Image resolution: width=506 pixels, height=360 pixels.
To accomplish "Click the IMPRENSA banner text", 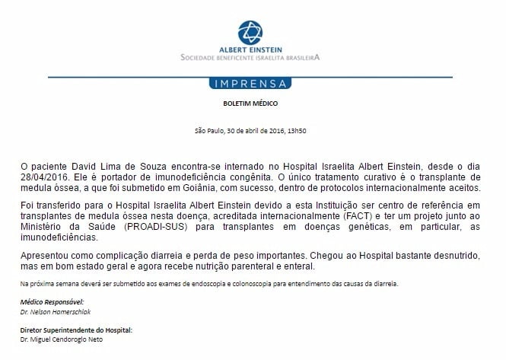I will (253, 82).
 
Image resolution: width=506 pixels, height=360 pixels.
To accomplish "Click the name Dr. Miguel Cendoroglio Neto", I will (62, 339).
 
